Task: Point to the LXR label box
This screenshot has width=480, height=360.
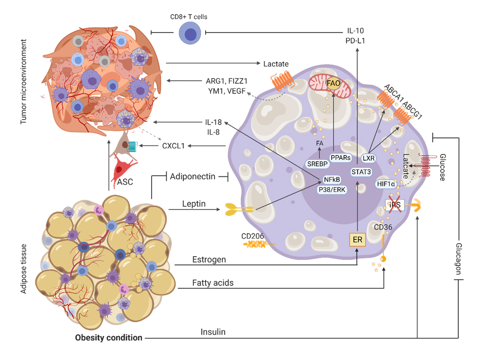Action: (x=369, y=158)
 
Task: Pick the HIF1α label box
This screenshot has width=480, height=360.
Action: (x=386, y=184)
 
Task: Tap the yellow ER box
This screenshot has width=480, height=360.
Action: (x=357, y=239)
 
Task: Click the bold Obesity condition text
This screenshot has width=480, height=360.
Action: (x=108, y=338)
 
